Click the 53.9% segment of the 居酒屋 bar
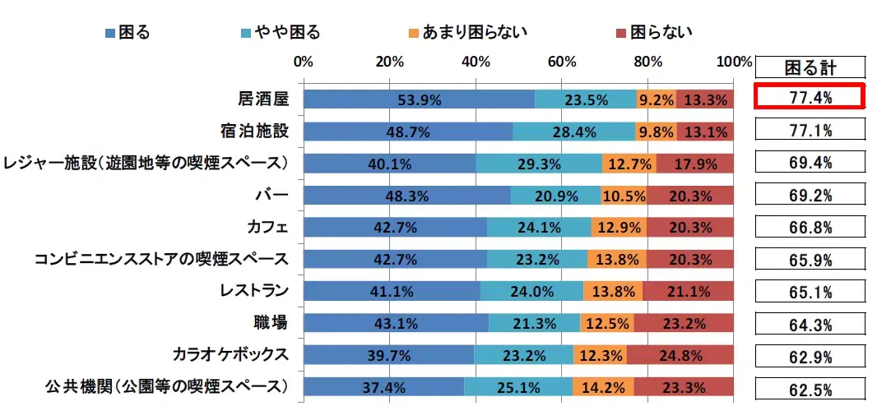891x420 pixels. [x=419, y=99]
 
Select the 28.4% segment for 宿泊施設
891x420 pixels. [x=575, y=132]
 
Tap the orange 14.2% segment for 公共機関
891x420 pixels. [x=603, y=387]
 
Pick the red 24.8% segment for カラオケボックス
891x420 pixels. [x=680, y=355]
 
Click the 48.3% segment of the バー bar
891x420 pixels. [x=406, y=196]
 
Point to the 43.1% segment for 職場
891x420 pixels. [x=396, y=323]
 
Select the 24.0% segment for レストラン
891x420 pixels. [x=531, y=291]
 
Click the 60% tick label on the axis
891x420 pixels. [x=562, y=62]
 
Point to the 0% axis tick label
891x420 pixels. [x=304, y=62]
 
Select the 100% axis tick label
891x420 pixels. [x=734, y=62]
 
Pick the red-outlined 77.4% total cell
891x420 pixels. [x=808, y=98]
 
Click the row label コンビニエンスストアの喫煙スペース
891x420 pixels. [x=161, y=260]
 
